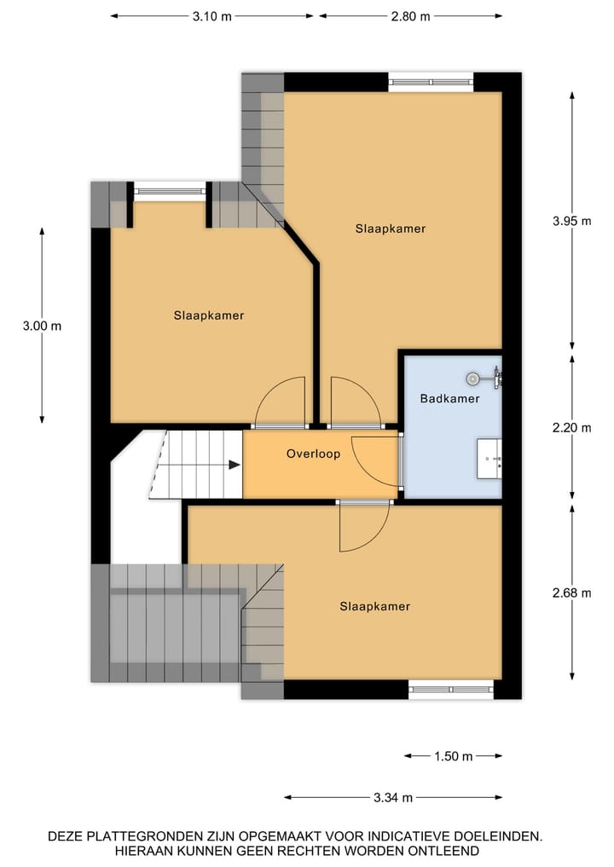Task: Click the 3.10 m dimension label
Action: (x=212, y=16)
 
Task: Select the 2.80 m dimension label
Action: (x=409, y=16)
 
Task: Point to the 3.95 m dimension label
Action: (x=571, y=221)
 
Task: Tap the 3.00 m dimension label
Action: (x=42, y=326)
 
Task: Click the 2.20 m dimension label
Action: (x=571, y=428)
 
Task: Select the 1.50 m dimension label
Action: (x=452, y=756)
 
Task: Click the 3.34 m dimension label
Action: (x=393, y=798)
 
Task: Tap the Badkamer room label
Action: (x=449, y=398)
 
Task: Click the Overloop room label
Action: (x=313, y=454)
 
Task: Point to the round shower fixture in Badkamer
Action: (x=472, y=377)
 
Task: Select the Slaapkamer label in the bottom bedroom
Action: (x=374, y=607)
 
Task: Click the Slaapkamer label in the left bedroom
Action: (x=208, y=315)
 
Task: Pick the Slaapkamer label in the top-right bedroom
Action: (x=390, y=228)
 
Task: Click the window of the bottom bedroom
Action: (x=450, y=689)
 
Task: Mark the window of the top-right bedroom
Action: (x=431, y=82)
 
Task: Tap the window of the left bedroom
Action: (x=170, y=192)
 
